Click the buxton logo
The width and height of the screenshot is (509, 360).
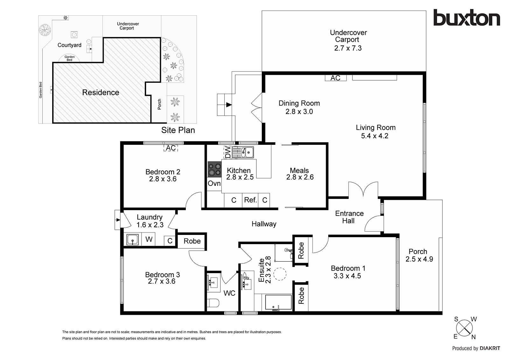point(467,18)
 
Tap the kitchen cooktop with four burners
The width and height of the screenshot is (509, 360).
point(214,169)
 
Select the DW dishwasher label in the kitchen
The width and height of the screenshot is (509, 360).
point(228,152)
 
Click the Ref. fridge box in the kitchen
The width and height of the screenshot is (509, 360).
point(250,200)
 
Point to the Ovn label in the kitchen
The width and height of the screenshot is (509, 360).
point(214,183)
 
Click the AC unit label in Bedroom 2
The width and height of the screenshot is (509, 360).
point(171,148)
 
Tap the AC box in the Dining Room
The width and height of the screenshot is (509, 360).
point(336,78)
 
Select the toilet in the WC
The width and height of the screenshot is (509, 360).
point(213,303)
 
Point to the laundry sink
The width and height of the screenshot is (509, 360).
point(132,239)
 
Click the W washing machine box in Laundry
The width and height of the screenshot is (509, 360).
point(148,239)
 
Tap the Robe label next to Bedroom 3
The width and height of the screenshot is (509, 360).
point(192,241)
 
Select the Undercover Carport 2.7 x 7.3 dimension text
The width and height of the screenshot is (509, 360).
point(348,48)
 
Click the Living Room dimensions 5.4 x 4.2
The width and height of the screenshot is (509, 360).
point(375,136)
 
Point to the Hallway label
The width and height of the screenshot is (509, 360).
point(264,224)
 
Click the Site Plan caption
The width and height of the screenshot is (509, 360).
point(178,130)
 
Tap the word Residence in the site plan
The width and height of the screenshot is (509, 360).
point(101,92)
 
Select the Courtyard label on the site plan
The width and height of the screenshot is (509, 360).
point(69,45)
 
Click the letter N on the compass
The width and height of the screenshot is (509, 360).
point(474,337)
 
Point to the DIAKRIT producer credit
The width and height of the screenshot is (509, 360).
point(490,348)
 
